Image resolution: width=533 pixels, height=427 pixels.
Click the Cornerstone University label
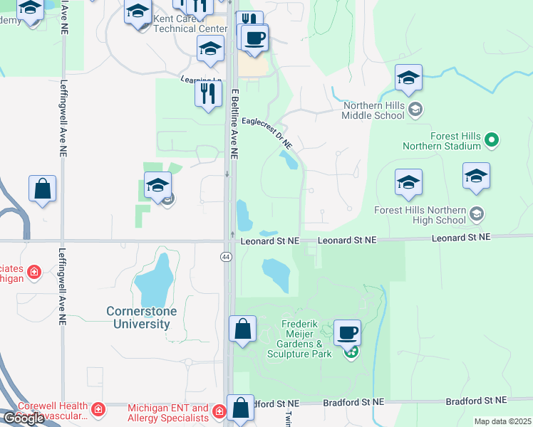(138, 317)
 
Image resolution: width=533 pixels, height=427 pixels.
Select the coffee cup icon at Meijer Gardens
(347, 332)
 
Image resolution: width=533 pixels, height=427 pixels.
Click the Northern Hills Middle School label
(373, 110)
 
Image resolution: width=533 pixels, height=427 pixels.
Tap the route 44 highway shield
(227, 256)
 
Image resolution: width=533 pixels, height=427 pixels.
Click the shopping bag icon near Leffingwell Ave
(42, 189)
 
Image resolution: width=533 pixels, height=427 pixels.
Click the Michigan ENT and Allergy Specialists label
(168, 413)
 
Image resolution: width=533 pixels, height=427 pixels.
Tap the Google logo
(24, 418)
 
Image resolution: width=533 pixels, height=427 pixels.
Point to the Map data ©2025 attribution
(502, 421)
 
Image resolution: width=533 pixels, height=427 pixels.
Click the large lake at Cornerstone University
(153, 280)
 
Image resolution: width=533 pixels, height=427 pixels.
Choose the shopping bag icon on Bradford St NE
(241, 408)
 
